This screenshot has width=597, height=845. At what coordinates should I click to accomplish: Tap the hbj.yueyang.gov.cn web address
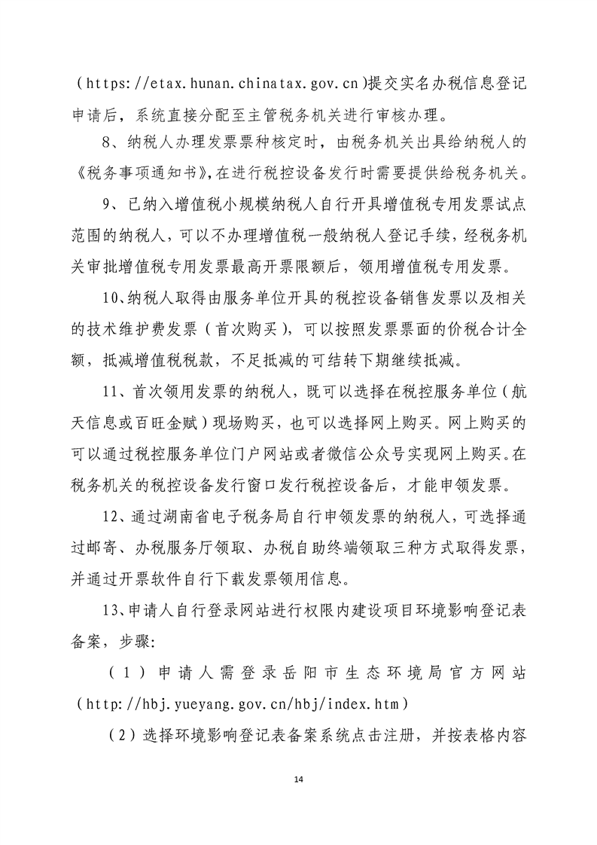point(242,703)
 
